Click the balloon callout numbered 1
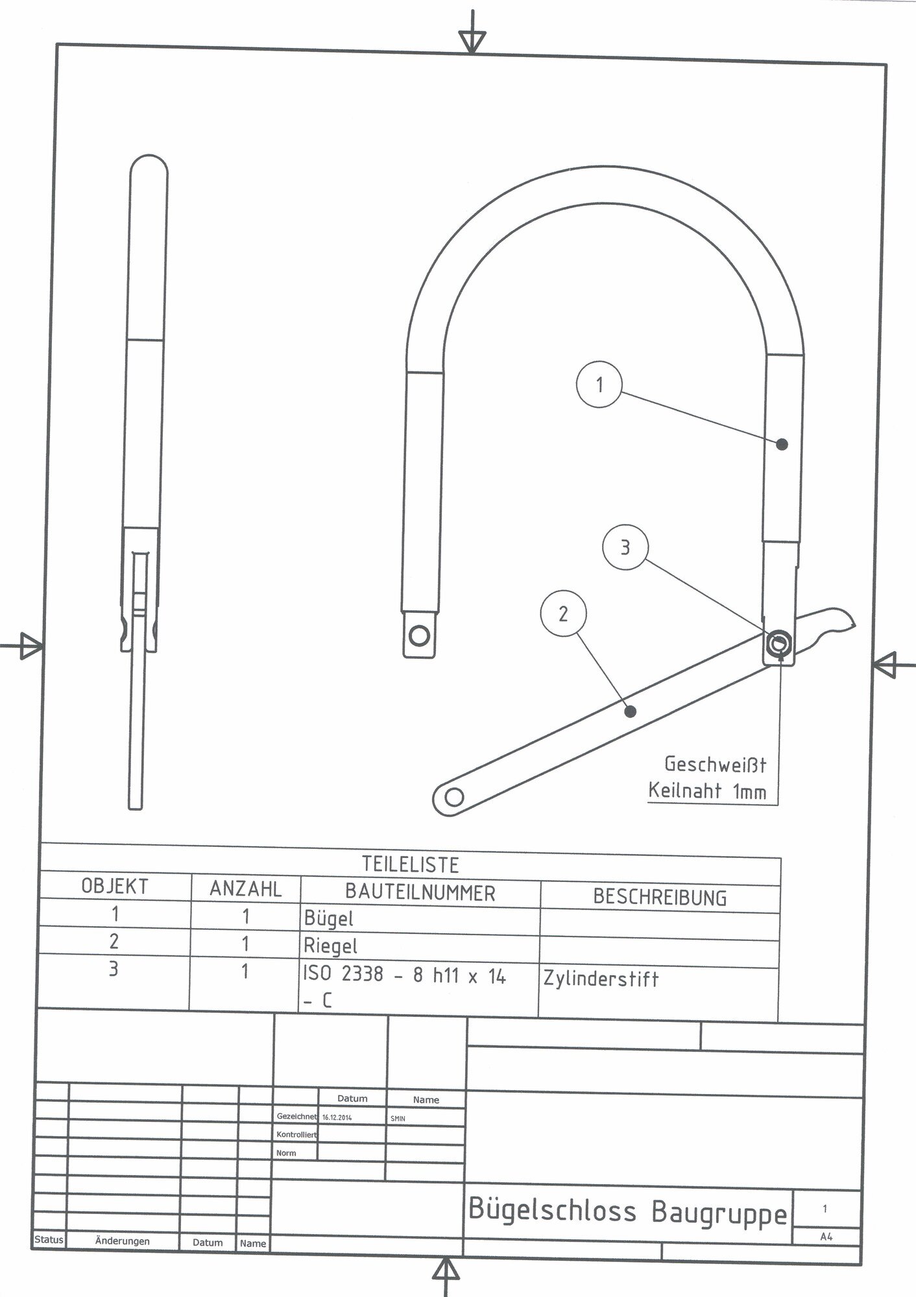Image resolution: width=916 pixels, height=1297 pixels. pos(599,385)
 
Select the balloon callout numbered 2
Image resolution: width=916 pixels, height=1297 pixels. pos(563,613)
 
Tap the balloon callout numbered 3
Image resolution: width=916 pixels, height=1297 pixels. pos(625,547)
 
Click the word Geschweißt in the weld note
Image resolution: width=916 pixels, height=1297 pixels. pos(715,765)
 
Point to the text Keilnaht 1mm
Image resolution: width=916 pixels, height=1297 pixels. pos(707,791)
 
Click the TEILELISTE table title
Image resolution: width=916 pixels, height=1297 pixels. pos(410,864)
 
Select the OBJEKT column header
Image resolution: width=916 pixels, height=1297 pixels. pos(115,886)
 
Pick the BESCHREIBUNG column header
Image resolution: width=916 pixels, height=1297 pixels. pos(660,898)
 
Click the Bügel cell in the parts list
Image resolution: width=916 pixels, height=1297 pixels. pos(329,918)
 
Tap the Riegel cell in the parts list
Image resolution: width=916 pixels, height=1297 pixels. pos(331,946)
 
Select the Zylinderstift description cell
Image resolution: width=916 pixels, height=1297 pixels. pos(601,979)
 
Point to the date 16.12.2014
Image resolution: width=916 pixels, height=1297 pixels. pos(337,1118)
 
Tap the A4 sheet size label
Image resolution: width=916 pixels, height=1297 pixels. pos(826,1237)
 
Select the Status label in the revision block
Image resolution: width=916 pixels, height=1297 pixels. pos(49,1240)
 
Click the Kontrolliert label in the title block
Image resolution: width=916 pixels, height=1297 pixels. pos(296,1135)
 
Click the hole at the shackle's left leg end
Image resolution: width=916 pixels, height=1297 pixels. pos(420,634)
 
